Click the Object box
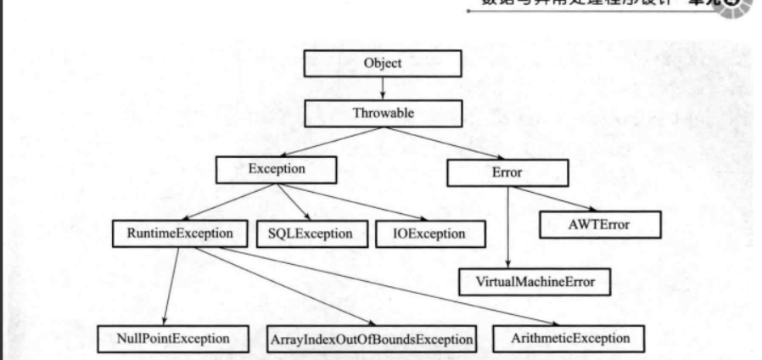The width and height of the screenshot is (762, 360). tap(382, 64)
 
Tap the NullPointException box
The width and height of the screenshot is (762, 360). tap(175, 339)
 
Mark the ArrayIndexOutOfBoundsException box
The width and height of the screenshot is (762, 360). tap(370, 340)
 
